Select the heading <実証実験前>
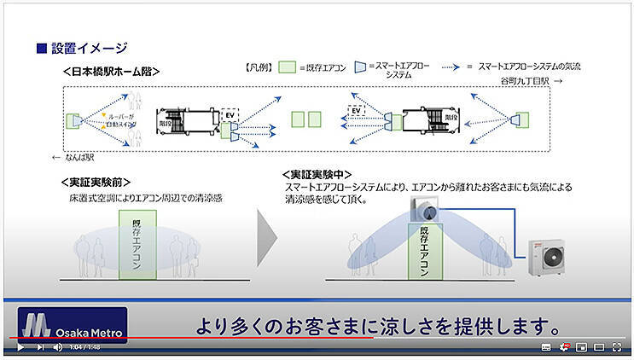[96, 183]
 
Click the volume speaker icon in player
[57, 347]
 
